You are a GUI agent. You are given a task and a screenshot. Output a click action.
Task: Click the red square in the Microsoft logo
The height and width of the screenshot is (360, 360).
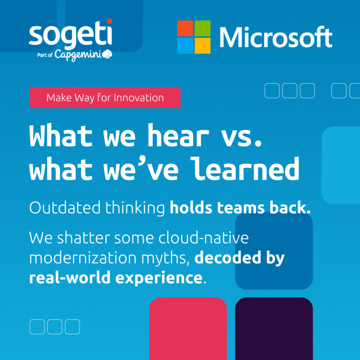click(185, 28)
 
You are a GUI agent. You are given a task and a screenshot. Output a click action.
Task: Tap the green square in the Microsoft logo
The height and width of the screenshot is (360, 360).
click(202, 28)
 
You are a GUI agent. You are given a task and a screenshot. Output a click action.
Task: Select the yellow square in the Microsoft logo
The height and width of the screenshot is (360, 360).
click(202, 46)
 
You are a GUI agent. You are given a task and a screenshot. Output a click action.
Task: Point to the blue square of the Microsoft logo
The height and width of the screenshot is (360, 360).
click(185, 46)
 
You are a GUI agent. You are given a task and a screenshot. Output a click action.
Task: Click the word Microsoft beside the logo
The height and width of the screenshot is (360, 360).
click(276, 37)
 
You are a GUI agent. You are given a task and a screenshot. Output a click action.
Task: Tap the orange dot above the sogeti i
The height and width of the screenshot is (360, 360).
click(110, 21)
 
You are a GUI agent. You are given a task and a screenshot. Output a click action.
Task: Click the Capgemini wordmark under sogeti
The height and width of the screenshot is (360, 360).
click(78, 55)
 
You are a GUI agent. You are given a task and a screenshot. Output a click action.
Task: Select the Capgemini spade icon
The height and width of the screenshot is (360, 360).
click(107, 54)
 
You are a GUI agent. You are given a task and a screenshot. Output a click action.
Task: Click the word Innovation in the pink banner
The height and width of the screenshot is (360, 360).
click(139, 98)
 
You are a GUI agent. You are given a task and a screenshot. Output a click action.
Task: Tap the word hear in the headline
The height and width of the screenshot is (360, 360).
click(178, 135)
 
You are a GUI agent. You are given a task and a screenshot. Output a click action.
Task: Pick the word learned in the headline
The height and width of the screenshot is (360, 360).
click(245, 169)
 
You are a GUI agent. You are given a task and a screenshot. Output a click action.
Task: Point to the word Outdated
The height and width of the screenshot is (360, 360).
click(65, 207)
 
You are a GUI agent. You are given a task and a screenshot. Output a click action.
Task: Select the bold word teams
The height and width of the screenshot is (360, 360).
click(241, 208)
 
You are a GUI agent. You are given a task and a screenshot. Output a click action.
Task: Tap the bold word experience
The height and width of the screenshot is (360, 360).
click(159, 278)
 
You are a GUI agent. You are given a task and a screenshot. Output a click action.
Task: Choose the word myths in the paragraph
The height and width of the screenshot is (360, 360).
click(166, 259)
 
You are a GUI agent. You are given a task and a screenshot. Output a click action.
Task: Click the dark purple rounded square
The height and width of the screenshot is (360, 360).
click(274, 329)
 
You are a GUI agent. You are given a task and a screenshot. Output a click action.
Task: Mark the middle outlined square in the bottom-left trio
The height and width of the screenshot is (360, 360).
click(54, 327)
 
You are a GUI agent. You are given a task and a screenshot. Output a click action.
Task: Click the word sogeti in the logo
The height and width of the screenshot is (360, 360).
click(70, 34)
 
